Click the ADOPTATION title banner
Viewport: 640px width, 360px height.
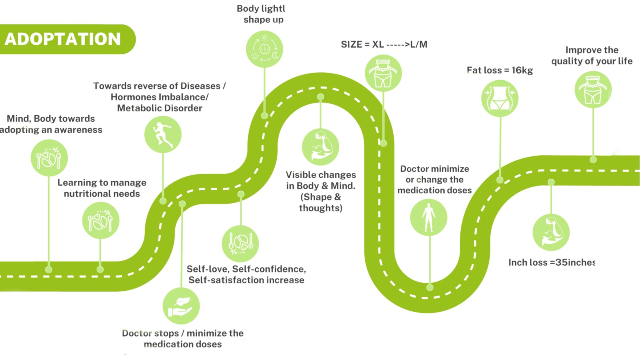coord(63,39)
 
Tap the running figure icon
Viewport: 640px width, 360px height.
coord(163,134)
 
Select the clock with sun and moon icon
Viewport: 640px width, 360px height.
coord(264,49)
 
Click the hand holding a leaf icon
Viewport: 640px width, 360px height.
coord(181,306)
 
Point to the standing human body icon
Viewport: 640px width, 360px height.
coord(429,218)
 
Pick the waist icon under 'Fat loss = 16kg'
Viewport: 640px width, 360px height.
coord(500,98)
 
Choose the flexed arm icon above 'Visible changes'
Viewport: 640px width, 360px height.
coord(320,147)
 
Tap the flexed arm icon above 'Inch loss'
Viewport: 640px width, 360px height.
coord(551,232)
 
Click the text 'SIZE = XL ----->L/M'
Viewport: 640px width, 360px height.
coord(384,44)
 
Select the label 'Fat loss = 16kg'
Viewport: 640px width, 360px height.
coord(500,70)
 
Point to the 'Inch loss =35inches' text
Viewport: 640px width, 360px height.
coord(552,262)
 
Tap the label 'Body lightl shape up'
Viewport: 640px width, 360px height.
coord(262,14)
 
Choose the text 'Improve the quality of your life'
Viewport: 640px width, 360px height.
coord(592,56)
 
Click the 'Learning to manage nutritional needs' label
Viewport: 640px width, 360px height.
coord(102,188)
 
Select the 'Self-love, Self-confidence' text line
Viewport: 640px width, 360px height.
coord(246,269)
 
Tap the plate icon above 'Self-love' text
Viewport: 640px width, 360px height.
coord(240,244)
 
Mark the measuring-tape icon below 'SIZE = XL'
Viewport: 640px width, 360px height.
coord(383,73)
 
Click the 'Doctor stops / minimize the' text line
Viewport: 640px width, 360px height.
coord(183,333)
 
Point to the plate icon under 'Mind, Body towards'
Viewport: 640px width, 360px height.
coord(49,158)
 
